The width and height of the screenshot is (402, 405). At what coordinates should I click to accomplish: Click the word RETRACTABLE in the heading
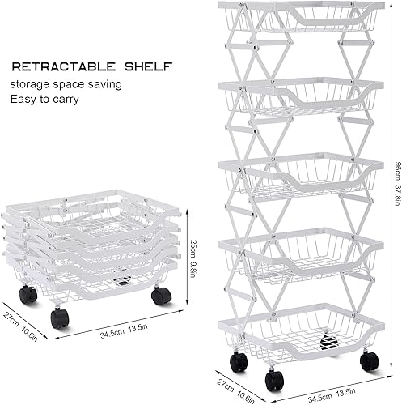[x=64, y=66]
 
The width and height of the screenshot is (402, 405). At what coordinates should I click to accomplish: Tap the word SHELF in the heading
[x=148, y=66]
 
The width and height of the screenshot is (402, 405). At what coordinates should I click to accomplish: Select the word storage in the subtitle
[x=30, y=85]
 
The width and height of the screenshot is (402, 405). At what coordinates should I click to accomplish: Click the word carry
[x=66, y=100]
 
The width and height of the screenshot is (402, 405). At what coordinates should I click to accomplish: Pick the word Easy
[x=23, y=100]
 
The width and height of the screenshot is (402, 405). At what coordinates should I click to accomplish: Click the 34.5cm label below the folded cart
[x=112, y=333]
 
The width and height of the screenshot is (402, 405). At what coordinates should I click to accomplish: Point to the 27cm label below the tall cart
[x=225, y=386]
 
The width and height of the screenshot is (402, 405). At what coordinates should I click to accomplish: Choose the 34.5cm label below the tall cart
[x=320, y=396]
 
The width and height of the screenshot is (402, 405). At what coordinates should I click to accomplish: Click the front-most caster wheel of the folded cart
[x=59, y=319]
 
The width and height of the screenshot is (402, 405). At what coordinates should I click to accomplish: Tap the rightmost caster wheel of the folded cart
[x=162, y=296]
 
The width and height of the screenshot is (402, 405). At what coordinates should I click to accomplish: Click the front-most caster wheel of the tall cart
[x=274, y=381]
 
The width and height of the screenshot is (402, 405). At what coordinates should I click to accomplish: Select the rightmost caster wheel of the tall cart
[x=370, y=361]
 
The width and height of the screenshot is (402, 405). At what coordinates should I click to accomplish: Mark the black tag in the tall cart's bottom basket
[x=328, y=342]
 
